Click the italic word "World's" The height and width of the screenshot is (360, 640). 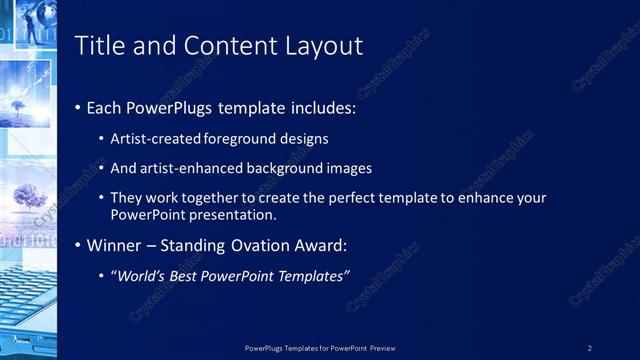pyautogui.click(x=145, y=275)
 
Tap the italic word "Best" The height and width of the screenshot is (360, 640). pyautogui.click(x=190, y=275)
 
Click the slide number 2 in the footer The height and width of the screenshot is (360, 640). pyautogui.click(x=590, y=348)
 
